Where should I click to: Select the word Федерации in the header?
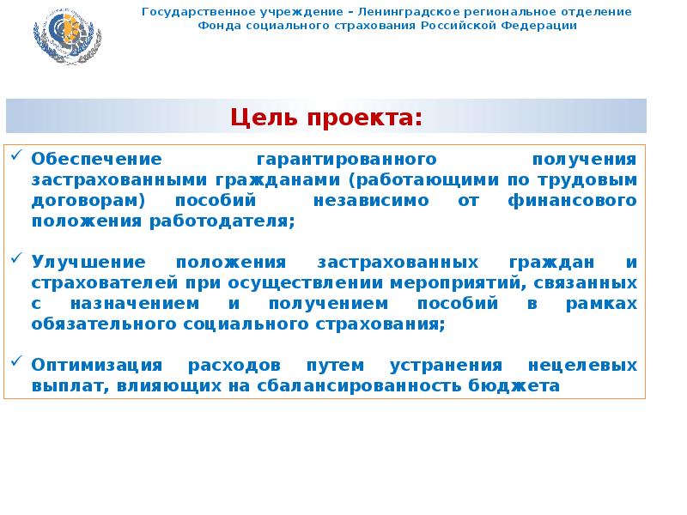[543, 26]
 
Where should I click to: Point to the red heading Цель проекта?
[326, 117]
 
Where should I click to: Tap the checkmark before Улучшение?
[18, 257]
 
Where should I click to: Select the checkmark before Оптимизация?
[18, 361]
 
